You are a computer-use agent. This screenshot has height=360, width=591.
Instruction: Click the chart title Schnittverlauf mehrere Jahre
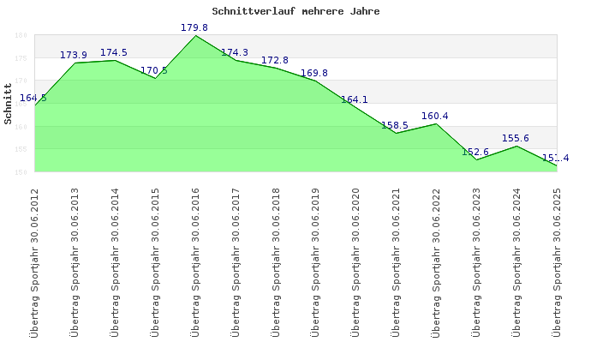coord(295,12)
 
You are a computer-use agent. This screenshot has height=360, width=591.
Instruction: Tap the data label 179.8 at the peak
coord(194,28)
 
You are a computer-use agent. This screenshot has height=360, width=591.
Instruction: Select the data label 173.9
coord(74,56)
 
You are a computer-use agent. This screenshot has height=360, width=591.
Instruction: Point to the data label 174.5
coord(114,53)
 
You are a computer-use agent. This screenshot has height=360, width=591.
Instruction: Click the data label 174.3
coord(235,53)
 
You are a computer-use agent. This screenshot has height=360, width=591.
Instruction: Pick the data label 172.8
coord(275,61)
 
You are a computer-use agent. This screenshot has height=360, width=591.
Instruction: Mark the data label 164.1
coord(355,100)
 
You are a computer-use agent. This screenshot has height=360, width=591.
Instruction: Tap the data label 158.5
coord(395,126)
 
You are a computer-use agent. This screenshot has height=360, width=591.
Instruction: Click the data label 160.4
coord(435,117)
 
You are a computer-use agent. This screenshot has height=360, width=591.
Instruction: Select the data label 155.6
coord(516,139)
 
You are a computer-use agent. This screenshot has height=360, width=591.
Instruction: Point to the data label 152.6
coord(475,153)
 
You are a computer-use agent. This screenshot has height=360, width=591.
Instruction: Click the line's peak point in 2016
coord(195,35)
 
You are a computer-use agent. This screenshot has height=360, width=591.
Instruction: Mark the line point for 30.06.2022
coord(437,123)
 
